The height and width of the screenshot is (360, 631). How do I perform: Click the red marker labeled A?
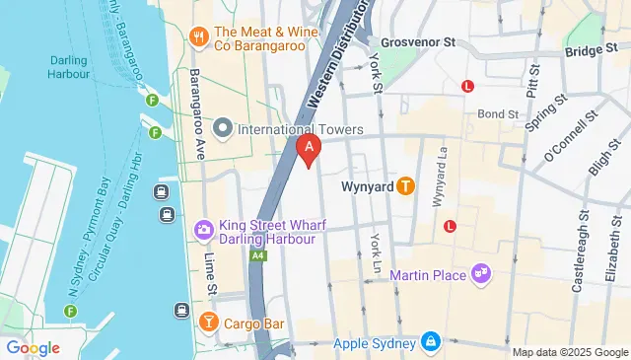pyautogui.click(x=309, y=150)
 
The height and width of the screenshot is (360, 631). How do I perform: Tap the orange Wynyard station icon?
pyautogui.click(x=404, y=185)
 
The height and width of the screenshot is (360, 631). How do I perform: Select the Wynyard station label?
pyautogui.click(x=367, y=185)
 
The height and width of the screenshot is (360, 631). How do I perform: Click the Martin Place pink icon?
pyautogui.click(x=480, y=273)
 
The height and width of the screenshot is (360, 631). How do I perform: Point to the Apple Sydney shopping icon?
pyautogui.click(x=431, y=342)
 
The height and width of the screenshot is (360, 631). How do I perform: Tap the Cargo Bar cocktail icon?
pyautogui.click(x=208, y=323)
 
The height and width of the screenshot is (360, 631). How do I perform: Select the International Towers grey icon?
pyautogui.click(x=224, y=129)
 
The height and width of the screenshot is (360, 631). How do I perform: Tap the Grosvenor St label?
pyautogui.click(x=418, y=43)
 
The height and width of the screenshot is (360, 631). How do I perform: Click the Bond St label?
pyautogui.click(x=498, y=114)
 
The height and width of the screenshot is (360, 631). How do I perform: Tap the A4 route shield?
pyautogui.click(x=257, y=255)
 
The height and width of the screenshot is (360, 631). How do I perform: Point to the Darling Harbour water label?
pyautogui.click(x=69, y=66)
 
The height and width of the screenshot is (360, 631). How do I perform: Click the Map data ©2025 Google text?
pyautogui.click(x=569, y=352)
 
